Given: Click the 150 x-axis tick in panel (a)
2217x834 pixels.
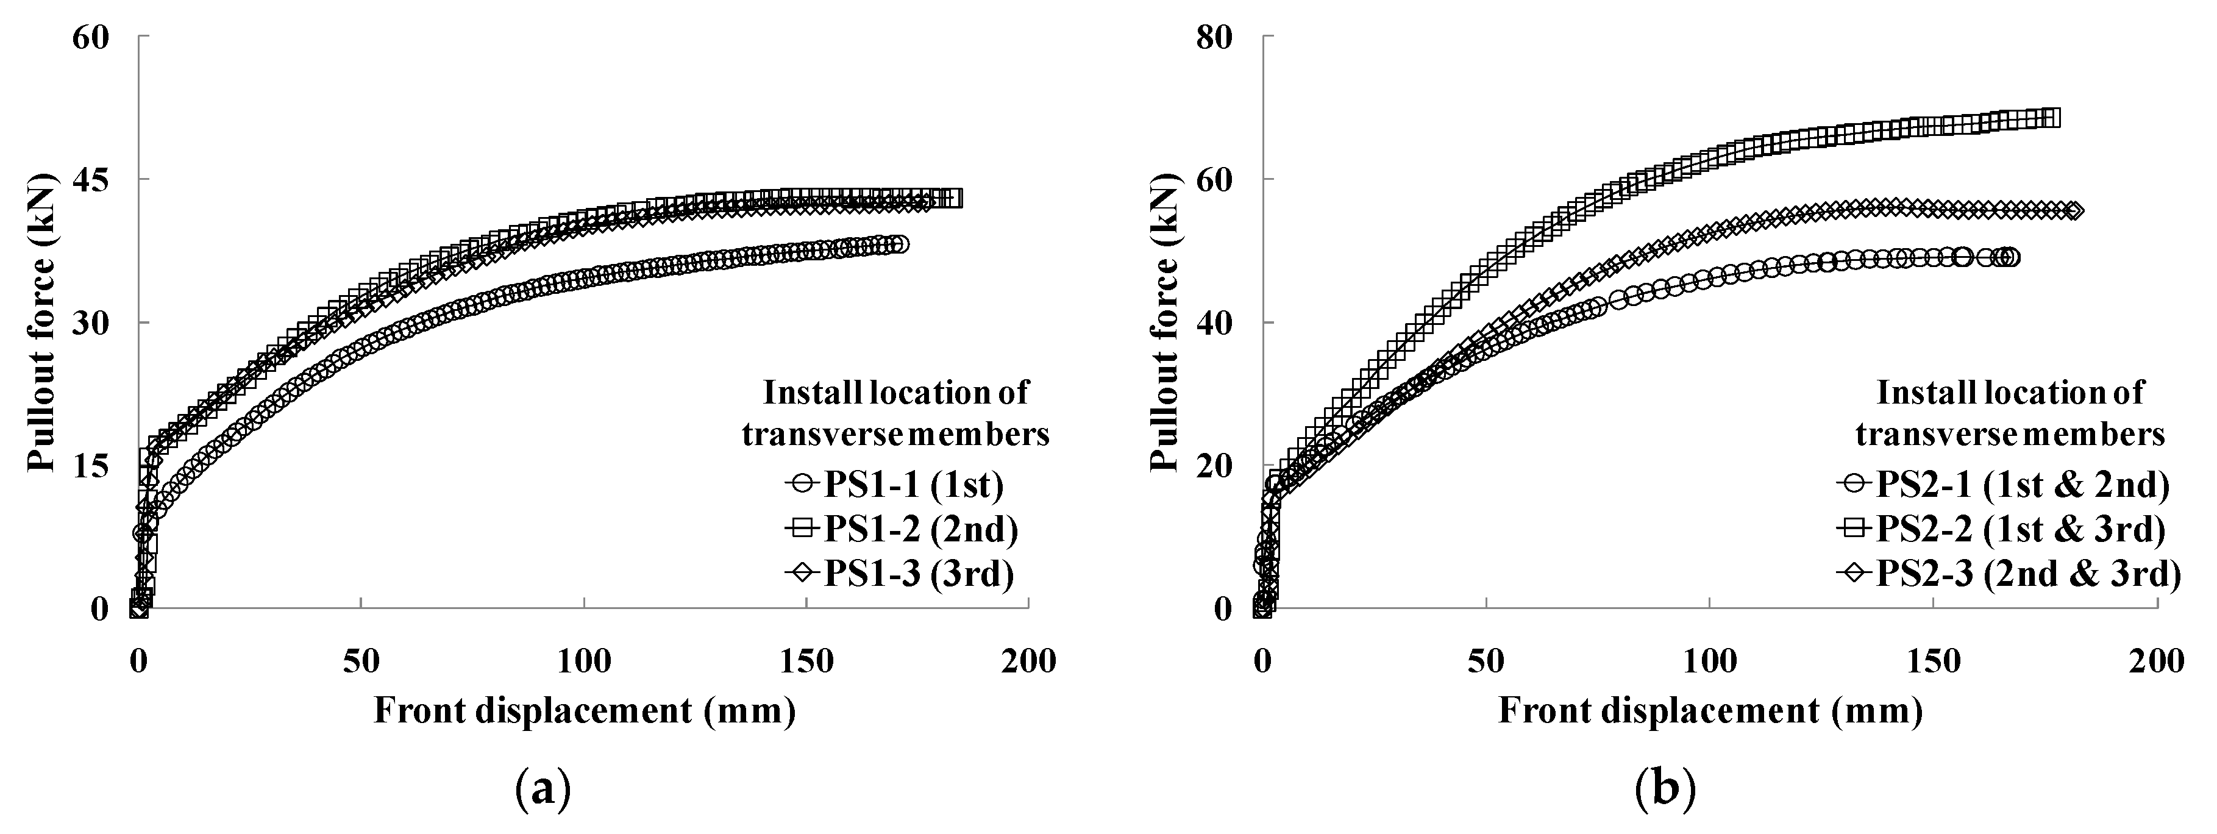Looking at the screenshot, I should [806, 662].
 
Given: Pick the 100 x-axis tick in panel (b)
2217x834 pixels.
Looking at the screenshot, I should [1709, 662].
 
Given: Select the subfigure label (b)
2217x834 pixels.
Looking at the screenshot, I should [1665, 788].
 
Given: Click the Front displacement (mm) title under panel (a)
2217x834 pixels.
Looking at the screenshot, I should [585, 712].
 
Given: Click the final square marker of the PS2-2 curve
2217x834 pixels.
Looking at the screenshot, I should [2051, 118].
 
